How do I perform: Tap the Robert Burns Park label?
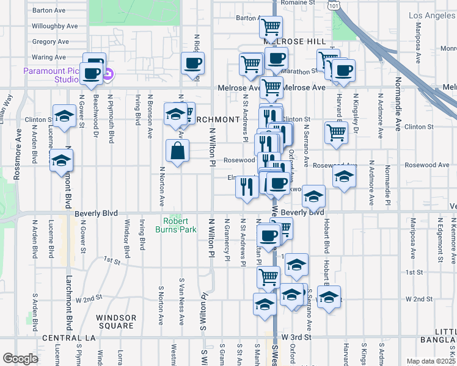tap(180, 225)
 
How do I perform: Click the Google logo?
tap(20, 359)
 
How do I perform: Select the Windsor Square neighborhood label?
tap(116, 321)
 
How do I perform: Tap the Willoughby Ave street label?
tap(55, 26)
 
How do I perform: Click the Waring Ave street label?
tap(49, 57)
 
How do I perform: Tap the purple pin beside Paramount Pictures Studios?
tap(108, 75)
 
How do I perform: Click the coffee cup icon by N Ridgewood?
tap(193, 63)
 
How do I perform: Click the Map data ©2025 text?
tap(431, 361)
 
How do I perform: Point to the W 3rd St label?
tap(296, 337)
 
